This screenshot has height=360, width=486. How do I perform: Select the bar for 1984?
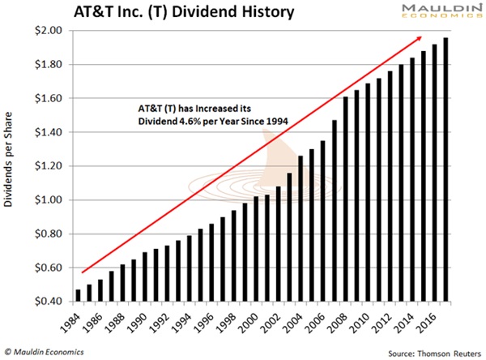[x=78, y=295]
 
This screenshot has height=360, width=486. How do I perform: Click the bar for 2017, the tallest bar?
[x=446, y=169]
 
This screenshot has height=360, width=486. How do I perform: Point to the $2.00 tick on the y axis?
[x=49, y=30]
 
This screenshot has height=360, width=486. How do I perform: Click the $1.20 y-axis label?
[x=49, y=166]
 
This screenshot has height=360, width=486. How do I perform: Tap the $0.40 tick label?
[x=49, y=302]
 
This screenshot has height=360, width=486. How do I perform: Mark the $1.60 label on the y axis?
[x=49, y=98]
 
